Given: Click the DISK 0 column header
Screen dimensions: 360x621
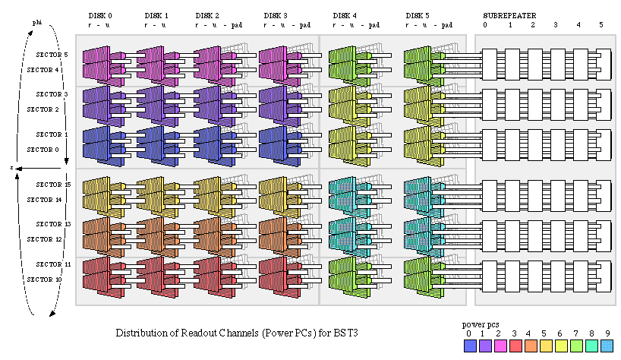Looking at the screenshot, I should (100, 15).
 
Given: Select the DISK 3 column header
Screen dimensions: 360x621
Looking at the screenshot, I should (275, 15).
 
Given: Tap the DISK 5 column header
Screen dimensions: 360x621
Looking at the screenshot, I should (417, 15).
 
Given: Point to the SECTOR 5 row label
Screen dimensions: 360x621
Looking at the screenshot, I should (52, 55).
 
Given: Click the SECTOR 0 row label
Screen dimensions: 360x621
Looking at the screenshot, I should (43, 150).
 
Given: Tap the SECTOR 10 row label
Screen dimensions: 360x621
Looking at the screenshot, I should (43, 279).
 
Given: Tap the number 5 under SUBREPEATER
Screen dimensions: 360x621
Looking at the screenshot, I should (601, 25).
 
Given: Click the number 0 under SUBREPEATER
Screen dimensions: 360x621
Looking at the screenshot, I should (486, 25).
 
